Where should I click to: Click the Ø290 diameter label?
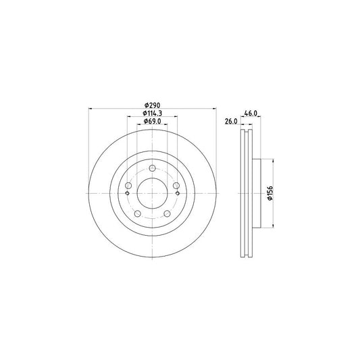click(x=152, y=105)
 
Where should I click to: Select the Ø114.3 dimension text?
click(x=153, y=113)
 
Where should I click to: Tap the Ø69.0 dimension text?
click(x=153, y=121)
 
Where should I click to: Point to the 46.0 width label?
click(x=251, y=113)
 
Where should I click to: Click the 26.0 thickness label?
click(x=231, y=121)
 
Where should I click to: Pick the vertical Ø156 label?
click(x=270, y=193)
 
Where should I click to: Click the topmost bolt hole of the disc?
click(x=152, y=168)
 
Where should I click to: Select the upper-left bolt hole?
click(x=128, y=185)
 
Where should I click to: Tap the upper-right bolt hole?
click(x=176, y=185)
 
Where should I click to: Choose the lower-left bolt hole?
click(x=137, y=213)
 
